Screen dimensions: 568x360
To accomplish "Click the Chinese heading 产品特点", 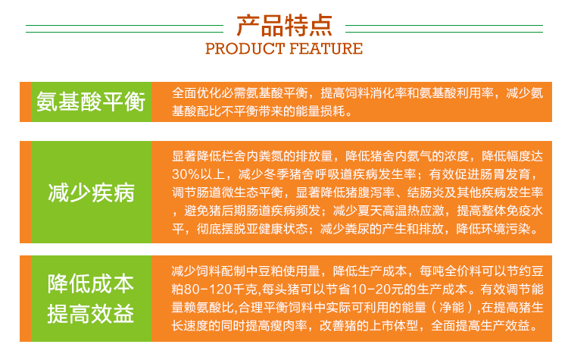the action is point(284,26).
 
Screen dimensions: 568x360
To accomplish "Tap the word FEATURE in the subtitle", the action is point(326,49).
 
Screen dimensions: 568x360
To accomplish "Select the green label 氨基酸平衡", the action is point(91,102).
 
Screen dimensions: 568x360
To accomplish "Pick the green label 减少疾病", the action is point(92,193).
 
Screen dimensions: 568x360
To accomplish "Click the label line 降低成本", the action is point(91,283).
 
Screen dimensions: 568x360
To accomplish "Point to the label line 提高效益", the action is point(91,314).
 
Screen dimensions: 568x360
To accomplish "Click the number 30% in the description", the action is point(186,174).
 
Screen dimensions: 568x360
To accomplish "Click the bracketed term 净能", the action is point(451,308).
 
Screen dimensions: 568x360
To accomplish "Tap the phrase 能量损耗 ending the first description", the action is point(320,111).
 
